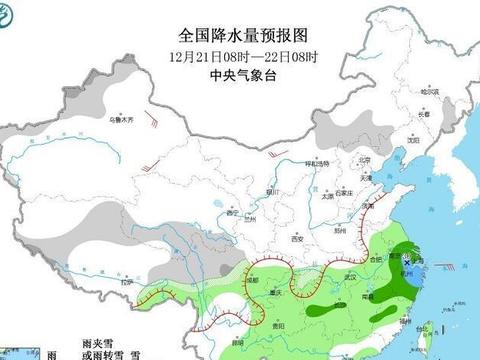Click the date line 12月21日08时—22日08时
pyautogui.click(x=240, y=56)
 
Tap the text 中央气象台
pyautogui.click(x=240, y=74)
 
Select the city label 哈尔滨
pyautogui.click(x=431, y=91)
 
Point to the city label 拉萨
pyautogui.click(x=126, y=283)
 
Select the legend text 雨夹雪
pyautogui.click(x=96, y=341)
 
